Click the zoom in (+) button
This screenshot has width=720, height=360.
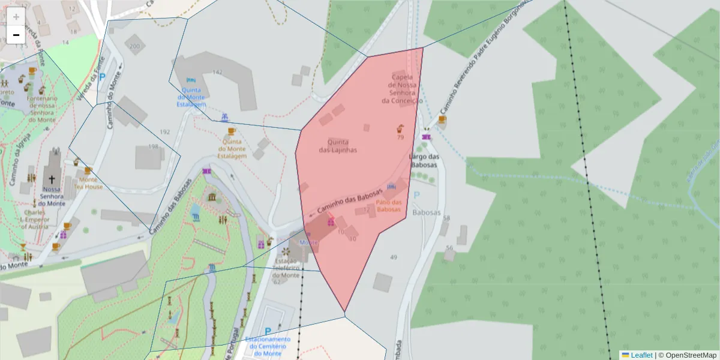click(16, 16)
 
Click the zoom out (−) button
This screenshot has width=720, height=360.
click(16, 35)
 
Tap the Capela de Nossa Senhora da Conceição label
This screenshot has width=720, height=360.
click(402, 89)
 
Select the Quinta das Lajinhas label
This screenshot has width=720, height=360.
click(338, 146)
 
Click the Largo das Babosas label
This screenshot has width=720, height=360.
click(424, 161)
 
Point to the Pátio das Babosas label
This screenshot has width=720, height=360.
click(388, 206)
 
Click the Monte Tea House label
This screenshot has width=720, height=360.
click(88, 183)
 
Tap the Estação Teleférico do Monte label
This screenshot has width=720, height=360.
click(286, 268)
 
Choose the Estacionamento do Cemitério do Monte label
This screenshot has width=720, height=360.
click(268, 346)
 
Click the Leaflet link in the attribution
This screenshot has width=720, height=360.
click(641, 355)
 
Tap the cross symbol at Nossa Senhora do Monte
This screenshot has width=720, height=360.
click(52, 179)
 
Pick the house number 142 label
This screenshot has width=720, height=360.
click(217, 72)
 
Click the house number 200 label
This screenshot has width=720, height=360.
click(134, 46)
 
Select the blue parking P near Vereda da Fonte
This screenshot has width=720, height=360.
click(102, 77)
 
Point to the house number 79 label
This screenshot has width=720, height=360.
click(400, 137)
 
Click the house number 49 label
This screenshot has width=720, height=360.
click(394, 257)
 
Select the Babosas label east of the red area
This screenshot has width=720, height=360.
click(427, 212)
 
